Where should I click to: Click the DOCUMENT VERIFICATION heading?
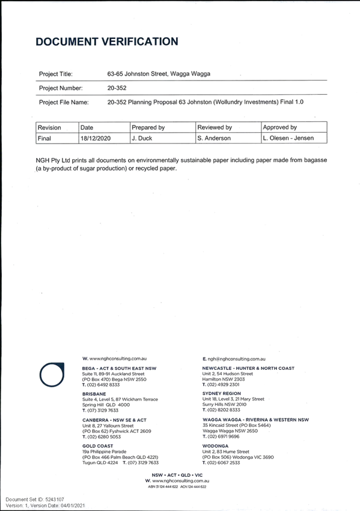coord(107,41)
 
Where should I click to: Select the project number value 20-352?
coord(117,88)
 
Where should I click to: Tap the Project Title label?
coord(56,74)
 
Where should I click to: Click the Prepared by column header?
coord(148,127)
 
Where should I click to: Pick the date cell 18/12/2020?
coord(96,138)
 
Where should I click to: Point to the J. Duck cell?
coord(142,138)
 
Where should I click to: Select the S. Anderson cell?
coord(214,138)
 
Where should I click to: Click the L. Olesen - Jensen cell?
coord(288,138)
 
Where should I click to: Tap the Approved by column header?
coord(280,127)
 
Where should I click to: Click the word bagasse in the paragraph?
coord(316,160)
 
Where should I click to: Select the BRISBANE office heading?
coord(94,394)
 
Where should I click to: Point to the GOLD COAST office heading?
coord(97,446)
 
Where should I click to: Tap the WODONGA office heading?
coord(215,446)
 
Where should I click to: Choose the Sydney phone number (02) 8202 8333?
coord(224,410)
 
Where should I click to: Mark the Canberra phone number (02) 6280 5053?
coord(104,437)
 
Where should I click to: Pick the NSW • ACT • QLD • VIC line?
coord(177,475)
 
